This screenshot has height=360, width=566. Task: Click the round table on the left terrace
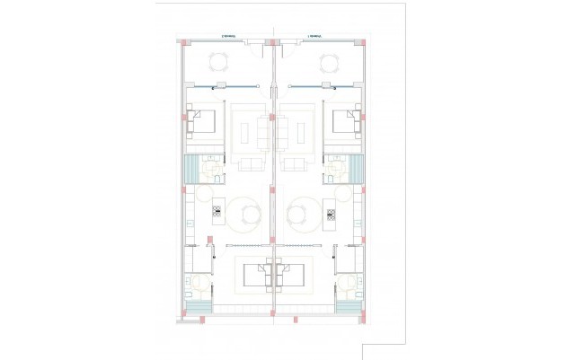(x=220, y=63)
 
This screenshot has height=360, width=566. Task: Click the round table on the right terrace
(x=328, y=63)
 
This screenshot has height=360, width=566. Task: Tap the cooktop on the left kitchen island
(x=217, y=214)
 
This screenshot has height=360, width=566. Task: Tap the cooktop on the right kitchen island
(x=331, y=214)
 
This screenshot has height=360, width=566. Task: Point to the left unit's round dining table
(x=247, y=215)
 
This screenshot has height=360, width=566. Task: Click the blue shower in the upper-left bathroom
(x=190, y=168)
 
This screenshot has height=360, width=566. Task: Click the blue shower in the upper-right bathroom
(x=358, y=168)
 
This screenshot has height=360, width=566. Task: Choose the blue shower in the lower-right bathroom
(x=348, y=306)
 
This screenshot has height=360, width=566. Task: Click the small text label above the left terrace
(x=229, y=37)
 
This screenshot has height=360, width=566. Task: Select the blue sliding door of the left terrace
(x=223, y=87)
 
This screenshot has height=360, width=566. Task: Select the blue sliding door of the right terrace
(x=323, y=87)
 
